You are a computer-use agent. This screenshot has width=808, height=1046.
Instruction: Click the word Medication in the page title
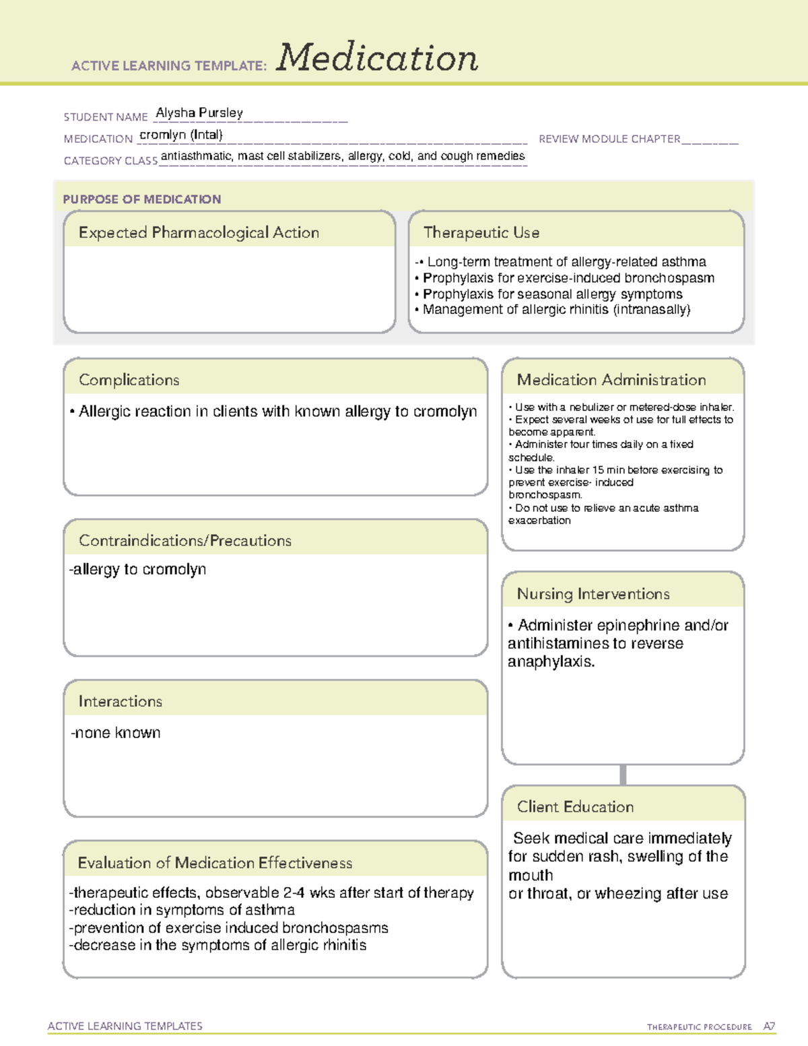pyautogui.click(x=377, y=58)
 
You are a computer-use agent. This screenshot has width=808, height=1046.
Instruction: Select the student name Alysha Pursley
pyautogui.click(x=199, y=113)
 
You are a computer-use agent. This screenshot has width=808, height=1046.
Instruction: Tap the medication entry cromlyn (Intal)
pyautogui.click(x=180, y=135)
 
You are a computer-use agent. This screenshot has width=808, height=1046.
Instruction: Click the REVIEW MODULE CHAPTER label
pyautogui.click(x=609, y=139)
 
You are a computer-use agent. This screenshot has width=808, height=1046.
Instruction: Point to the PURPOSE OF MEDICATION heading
pyautogui.click(x=141, y=199)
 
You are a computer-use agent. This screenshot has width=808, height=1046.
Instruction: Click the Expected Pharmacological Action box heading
pyautogui.click(x=199, y=233)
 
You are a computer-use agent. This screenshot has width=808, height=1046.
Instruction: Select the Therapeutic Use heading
pyautogui.click(x=481, y=233)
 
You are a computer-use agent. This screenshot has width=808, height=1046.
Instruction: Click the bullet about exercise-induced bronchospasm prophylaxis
pyautogui.click(x=568, y=278)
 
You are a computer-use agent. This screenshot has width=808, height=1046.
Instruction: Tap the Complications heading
pyautogui.click(x=129, y=380)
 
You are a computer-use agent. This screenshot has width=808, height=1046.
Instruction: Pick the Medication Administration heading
pyautogui.click(x=611, y=380)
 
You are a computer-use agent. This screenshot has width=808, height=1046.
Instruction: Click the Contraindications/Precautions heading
pyautogui.click(x=184, y=541)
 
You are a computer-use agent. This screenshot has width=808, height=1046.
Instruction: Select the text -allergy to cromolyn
pyautogui.click(x=138, y=570)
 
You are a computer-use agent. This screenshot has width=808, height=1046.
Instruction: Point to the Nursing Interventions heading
pyautogui.click(x=593, y=594)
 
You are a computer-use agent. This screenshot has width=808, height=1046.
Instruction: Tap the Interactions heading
pyautogui.click(x=120, y=702)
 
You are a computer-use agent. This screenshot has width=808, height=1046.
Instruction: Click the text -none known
pyautogui.click(x=116, y=733)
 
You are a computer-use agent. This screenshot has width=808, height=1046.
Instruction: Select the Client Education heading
pyautogui.click(x=575, y=807)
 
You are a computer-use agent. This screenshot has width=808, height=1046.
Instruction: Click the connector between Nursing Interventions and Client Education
pyautogui.click(x=623, y=775)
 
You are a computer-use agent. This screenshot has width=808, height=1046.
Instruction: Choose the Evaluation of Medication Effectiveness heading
pyautogui.click(x=215, y=863)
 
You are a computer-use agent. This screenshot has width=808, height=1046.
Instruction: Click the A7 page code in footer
pyautogui.click(x=768, y=1026)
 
